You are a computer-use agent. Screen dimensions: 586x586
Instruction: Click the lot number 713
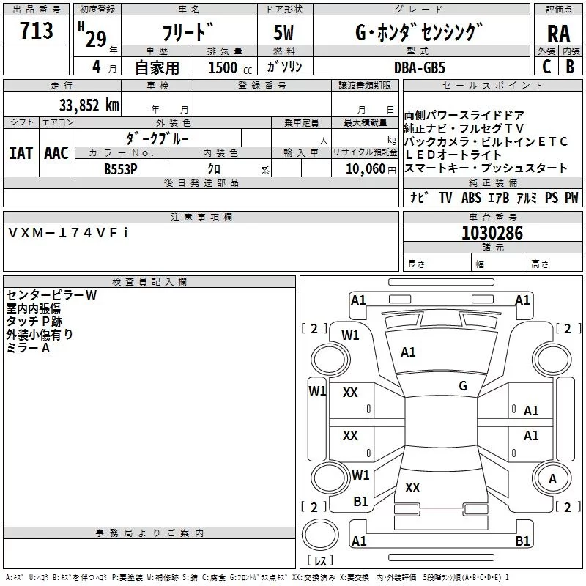click(37, 31)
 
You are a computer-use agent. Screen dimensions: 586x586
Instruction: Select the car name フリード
click(188, 32)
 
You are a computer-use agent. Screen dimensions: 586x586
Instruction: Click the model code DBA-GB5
click(419, 67)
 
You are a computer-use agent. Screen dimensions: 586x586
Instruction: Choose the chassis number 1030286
click(492, 234)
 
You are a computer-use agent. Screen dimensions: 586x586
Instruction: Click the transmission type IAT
click(21, 153)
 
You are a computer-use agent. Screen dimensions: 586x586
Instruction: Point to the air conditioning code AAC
click(56, 153)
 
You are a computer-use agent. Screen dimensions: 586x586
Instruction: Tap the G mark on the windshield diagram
click(462, 386)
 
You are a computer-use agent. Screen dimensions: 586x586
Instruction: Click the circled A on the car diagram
click(553, 478)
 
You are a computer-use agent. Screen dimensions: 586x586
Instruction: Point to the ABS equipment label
click(471, 198)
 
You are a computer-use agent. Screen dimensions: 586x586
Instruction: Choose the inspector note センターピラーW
click(51, 295)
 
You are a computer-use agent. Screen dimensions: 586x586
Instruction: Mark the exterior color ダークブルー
click(158, 138)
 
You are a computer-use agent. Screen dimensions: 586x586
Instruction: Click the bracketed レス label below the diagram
click(320, 561)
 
